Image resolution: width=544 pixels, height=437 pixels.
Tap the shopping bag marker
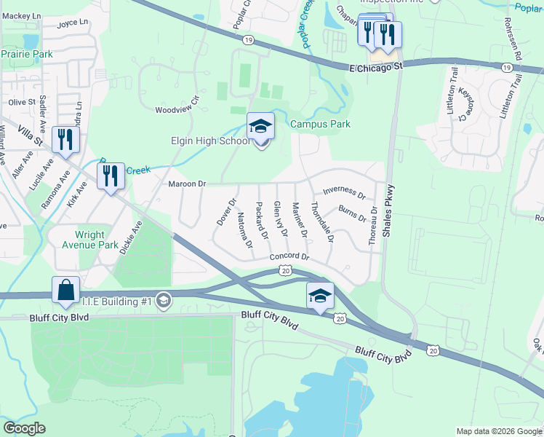point(65,289)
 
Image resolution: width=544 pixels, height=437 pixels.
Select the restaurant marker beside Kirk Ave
point(111,176)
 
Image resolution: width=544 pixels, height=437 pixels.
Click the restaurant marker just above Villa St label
point(66,140)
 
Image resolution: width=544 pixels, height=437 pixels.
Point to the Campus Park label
point(320,125)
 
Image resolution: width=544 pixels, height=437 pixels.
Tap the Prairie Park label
point(27,54)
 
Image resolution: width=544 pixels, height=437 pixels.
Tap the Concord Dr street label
point(289,257)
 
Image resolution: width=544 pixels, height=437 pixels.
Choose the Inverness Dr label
point(344,192)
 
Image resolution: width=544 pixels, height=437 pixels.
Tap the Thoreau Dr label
point(373,224)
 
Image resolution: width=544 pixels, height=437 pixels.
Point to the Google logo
point(24,428)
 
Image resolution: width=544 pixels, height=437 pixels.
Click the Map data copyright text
point(498,431)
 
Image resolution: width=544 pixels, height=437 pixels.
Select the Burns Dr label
point(352,218)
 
